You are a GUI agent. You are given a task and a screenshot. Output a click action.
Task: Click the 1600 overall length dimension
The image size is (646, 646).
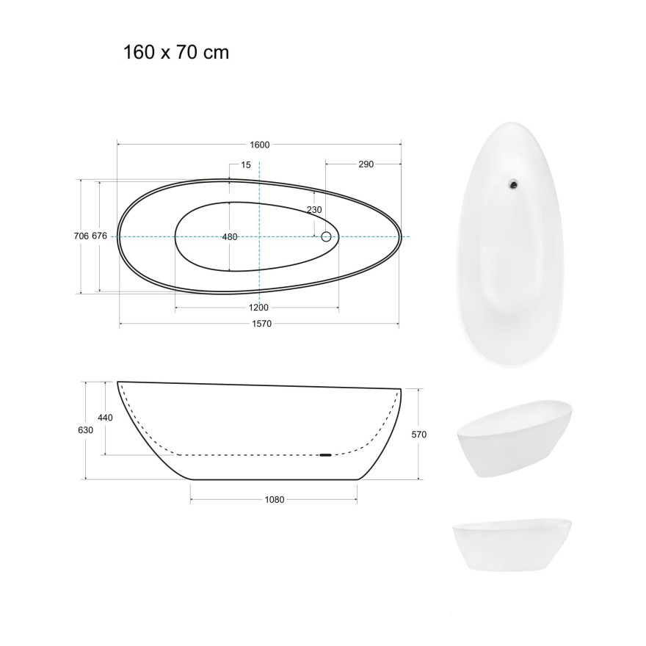coord(259,145)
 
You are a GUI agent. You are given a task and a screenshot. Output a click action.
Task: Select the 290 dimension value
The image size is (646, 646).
coord(366,164)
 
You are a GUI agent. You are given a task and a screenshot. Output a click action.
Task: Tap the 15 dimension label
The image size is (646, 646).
coord(245,164)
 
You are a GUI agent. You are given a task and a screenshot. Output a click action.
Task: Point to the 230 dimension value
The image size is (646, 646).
coord(314,210)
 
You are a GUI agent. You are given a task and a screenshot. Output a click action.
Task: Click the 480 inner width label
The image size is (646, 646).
coord(230,236)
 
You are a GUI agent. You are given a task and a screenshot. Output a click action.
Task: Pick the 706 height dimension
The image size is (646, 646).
coord(81,236)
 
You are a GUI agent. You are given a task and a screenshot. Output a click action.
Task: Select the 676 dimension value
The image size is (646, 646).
coord(101,236)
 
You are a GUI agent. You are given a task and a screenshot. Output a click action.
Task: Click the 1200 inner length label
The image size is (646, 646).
coord(258,307)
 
